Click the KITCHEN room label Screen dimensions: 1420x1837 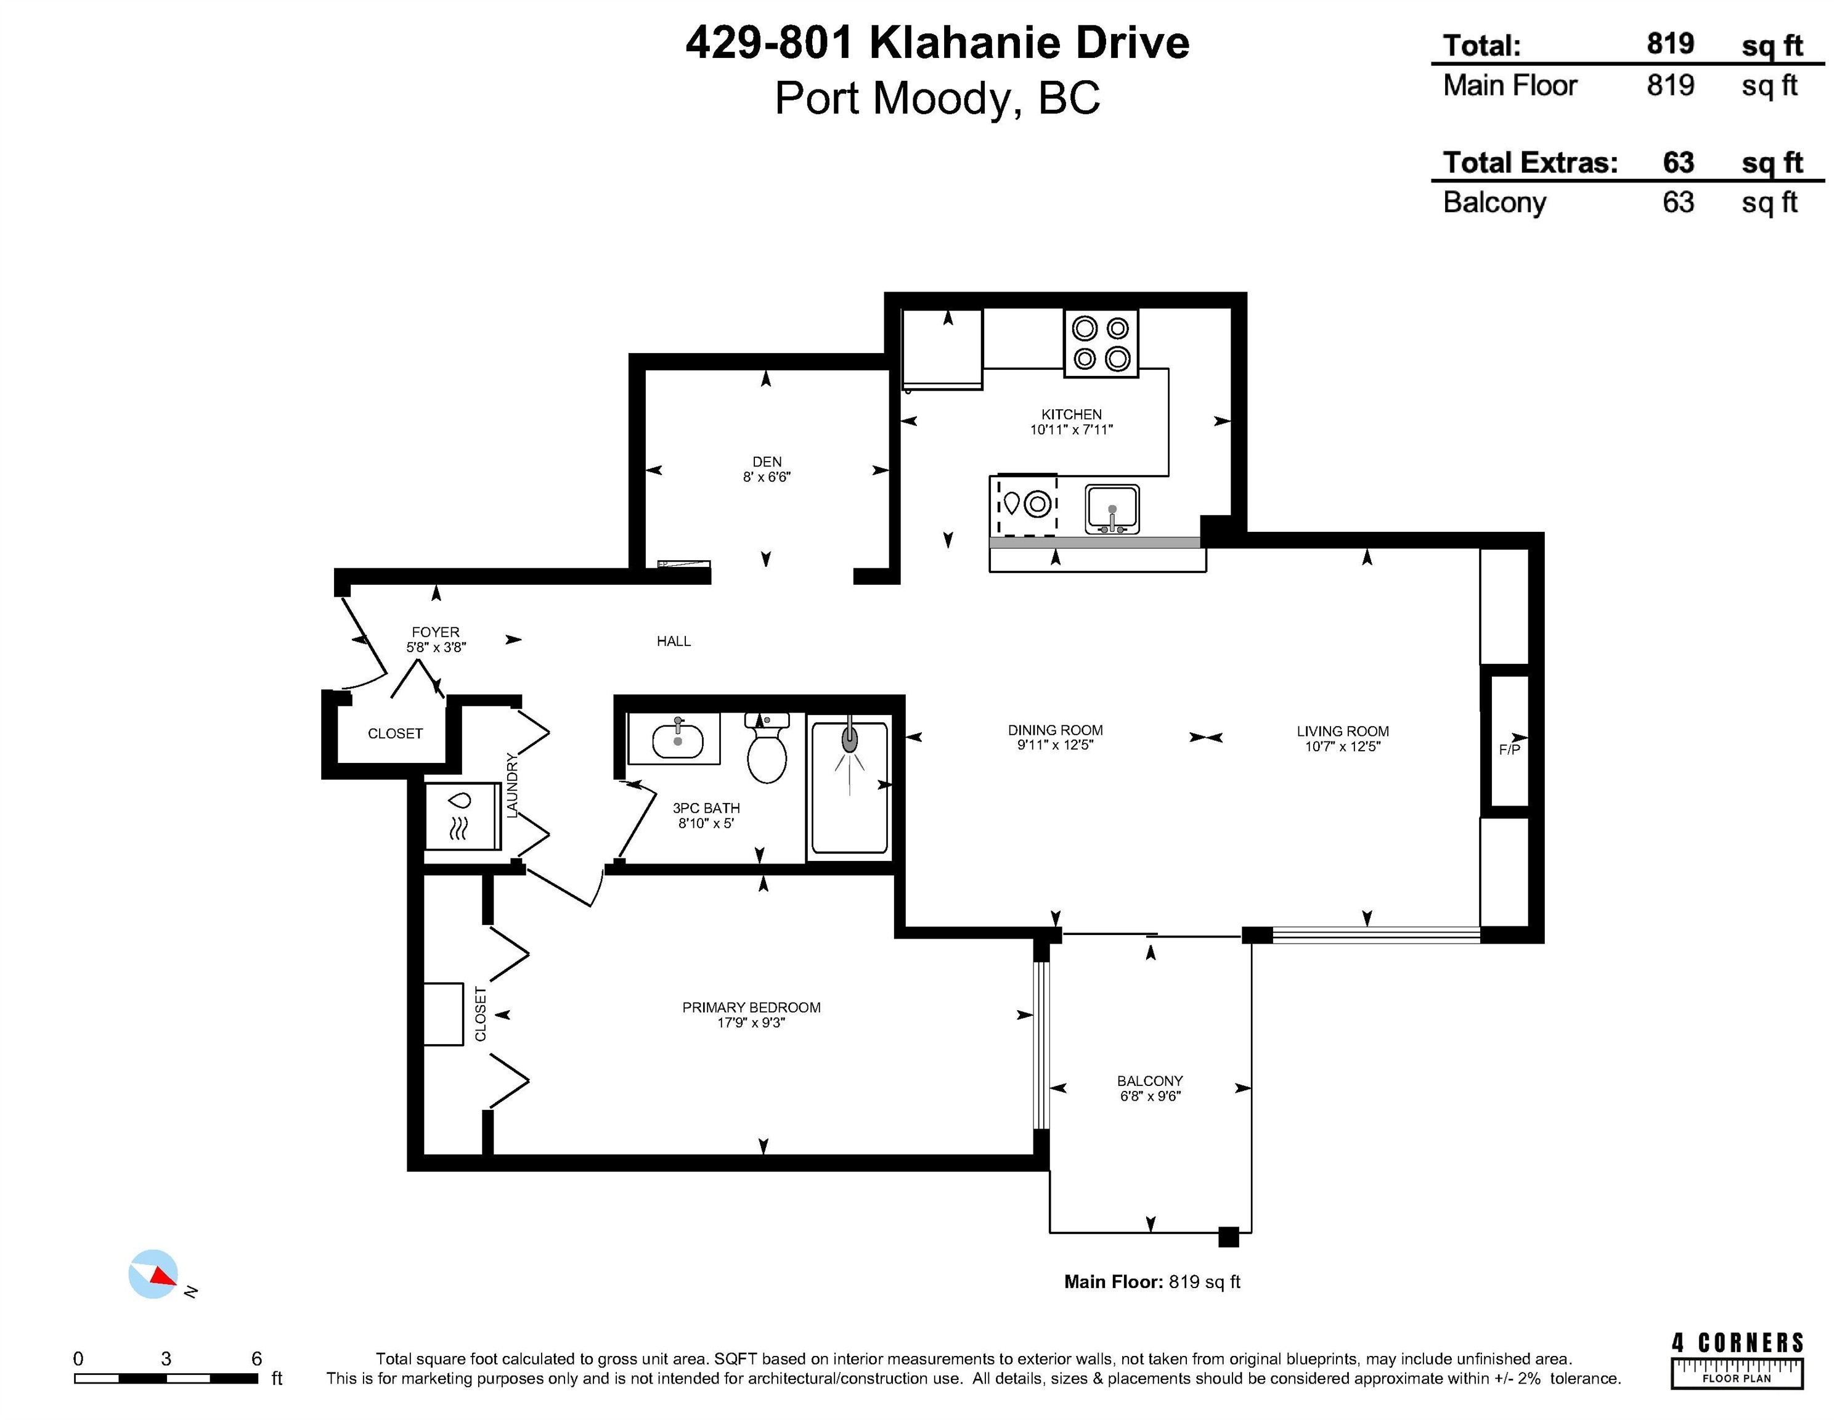[1071, 414]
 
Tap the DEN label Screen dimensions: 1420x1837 [766, 462]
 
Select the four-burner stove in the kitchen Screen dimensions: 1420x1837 [1101, 343]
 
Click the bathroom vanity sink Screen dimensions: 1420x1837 [677, 740]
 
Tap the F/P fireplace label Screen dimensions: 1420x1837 [1509, 749]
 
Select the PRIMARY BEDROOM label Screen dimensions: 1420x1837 [751, 1007]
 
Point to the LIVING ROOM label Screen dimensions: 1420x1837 [1342, 731]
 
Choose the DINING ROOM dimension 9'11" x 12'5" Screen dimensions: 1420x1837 [1055, 745]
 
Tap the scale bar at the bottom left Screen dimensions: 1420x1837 [166, 1378]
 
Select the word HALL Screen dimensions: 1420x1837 [674, 641]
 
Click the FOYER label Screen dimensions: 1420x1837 [436, 632]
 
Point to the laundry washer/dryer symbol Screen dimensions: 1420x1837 [461, 815]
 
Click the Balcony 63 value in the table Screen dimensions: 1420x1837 [1677, 203]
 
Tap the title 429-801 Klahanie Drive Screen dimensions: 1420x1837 [937, 43]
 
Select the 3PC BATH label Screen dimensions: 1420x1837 [706, 807]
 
